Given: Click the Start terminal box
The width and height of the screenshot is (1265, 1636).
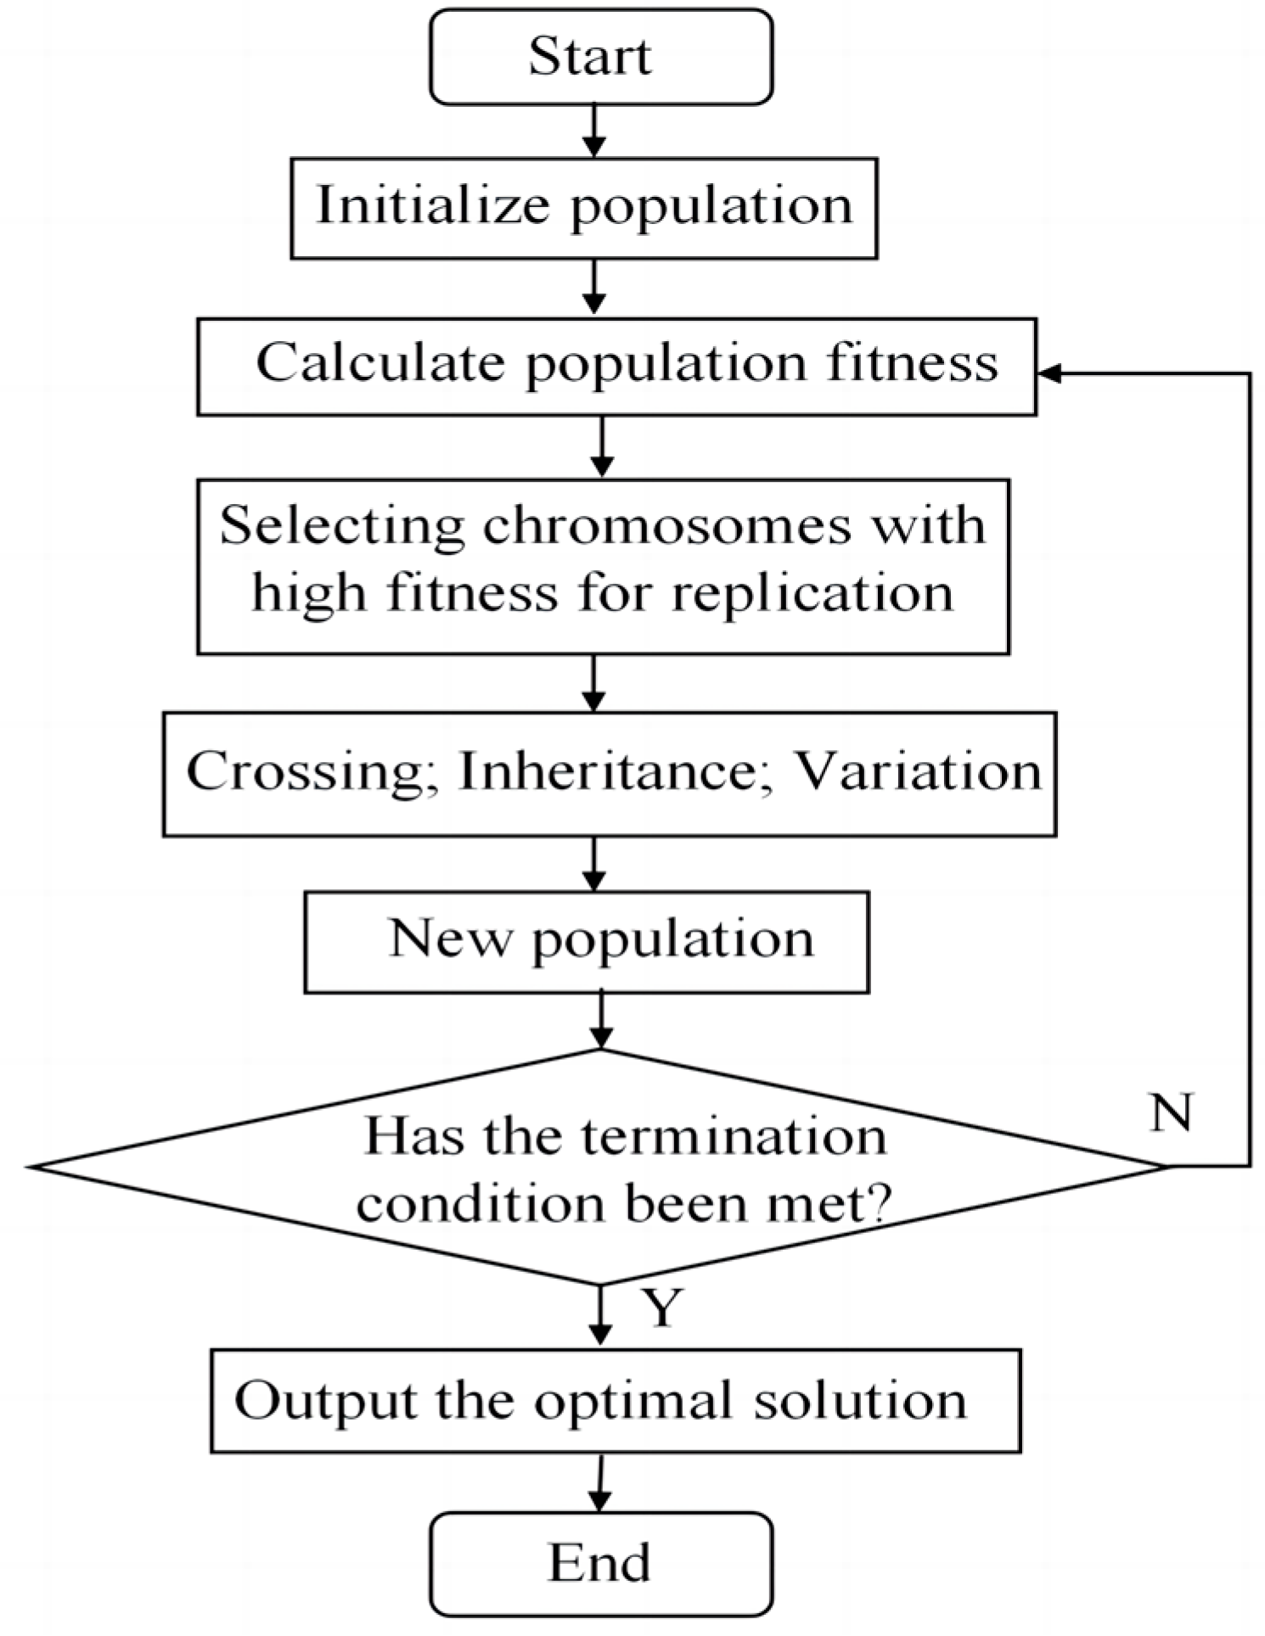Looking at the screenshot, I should pos(601,57).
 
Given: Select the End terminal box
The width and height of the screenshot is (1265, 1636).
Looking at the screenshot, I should pos(601,1563).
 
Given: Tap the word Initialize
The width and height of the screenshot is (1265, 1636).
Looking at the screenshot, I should pos(432,206).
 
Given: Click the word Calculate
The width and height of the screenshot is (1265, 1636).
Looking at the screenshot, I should pos(380,363).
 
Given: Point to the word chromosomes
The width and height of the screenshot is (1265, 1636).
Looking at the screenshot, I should pos(666,526).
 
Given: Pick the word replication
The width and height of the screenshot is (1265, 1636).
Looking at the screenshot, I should pos(812,593).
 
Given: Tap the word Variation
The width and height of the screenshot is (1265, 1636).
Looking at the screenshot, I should pos(916,772).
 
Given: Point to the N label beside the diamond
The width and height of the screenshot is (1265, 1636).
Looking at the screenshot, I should pos(1172,1112).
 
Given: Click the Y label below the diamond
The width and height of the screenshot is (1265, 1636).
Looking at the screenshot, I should pos(662,1308).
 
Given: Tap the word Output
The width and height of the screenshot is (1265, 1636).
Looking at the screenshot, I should pos(326,1401).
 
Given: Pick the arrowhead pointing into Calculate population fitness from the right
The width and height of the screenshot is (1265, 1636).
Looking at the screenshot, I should pos(1049,373).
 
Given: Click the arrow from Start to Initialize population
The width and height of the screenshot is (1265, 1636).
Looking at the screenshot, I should pos(594,132).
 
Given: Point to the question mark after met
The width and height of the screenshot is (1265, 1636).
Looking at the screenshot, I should pos(878,1202).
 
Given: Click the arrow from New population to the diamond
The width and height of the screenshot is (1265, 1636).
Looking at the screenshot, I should pos(601,1021).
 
